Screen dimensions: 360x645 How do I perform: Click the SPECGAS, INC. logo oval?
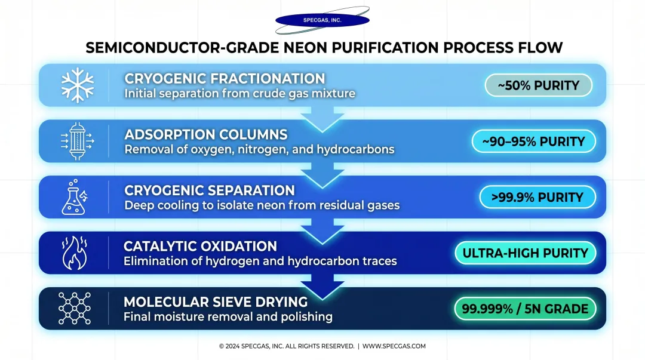[322, 20]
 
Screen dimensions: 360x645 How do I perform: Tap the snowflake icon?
[78, 85]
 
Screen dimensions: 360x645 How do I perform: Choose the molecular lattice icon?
[75, 309]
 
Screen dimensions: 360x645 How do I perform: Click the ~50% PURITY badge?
[538, 85]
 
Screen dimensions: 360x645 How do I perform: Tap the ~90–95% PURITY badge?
[533, 141]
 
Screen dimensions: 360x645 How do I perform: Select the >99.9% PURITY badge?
[537, 197]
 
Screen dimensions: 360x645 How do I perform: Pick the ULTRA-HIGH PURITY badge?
[525, 253]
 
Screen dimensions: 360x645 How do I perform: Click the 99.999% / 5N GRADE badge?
[525, 309]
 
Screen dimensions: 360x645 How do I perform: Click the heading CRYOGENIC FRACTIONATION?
[225, 79]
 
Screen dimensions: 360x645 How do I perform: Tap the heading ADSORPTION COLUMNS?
[205, 134]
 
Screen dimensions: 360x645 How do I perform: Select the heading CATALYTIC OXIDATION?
[200, 246]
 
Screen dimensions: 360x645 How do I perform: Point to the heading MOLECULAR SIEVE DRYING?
[216, 301]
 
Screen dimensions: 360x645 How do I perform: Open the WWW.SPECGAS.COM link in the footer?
[394, 346]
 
